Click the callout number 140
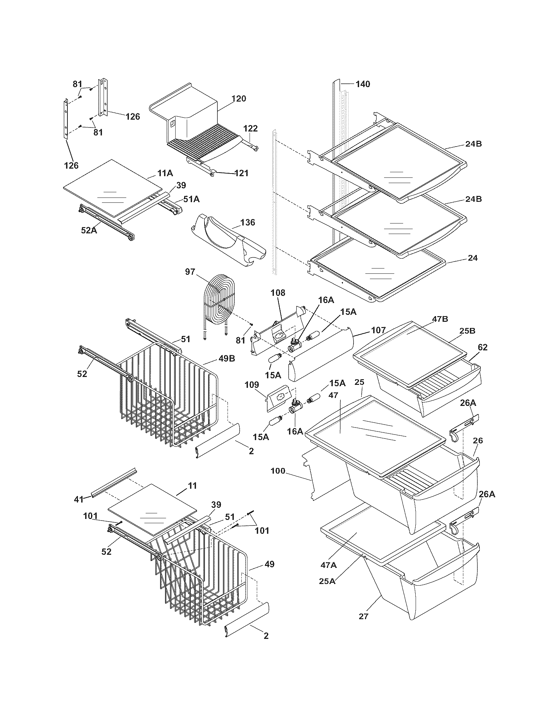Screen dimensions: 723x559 tap(363, 84)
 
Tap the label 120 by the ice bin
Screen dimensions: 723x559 tap(239, 98)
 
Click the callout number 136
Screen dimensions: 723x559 tap(248, 222)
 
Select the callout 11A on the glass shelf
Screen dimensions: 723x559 tap(165, 173)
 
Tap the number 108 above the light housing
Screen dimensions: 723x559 tap(278, 292)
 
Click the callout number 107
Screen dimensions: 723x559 tap(378, 330)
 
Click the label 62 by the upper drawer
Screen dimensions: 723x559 tap(473, 347)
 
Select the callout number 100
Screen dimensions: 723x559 tap(278, 471)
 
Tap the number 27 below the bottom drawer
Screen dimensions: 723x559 tap(364, 616)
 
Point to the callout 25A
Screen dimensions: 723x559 tap(327, 581)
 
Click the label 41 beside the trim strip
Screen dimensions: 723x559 tap(79, 500)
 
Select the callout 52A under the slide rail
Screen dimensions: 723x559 tap(89, 230)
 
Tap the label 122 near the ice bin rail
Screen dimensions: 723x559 tap(250, 128)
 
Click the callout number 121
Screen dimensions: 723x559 tap(241, 173)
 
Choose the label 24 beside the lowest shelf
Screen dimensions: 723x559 tap(473, 258)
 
